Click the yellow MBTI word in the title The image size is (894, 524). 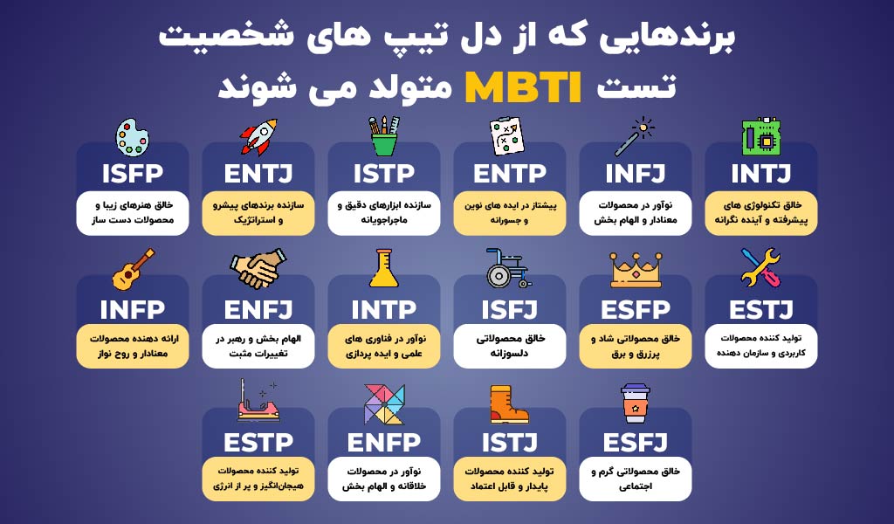click(523, 87)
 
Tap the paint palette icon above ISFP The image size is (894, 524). click(133, 137)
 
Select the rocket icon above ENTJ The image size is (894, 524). click(258, 137)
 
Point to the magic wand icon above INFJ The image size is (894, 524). click(635, 136)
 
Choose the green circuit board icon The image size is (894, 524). click(760, 137)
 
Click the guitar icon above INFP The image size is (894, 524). click(133, 269)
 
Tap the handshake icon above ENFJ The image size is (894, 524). click(258, 268)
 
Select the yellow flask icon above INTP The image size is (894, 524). click(384, 268)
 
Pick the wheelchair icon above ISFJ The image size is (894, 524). click(509, 268)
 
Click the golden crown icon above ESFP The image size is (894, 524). click(636, 270)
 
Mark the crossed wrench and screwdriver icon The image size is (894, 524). click(760, 268)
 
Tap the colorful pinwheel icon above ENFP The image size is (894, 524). click(384, 403)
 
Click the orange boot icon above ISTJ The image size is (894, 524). click(509, 404)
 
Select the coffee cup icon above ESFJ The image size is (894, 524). click(636, 403)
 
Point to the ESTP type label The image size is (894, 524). click(258, 443)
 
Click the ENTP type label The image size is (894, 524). click(509, 174)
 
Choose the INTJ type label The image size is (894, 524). click(760, 174)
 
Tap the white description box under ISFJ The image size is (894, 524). click(509, 346)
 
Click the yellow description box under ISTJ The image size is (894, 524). click(509, 479)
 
